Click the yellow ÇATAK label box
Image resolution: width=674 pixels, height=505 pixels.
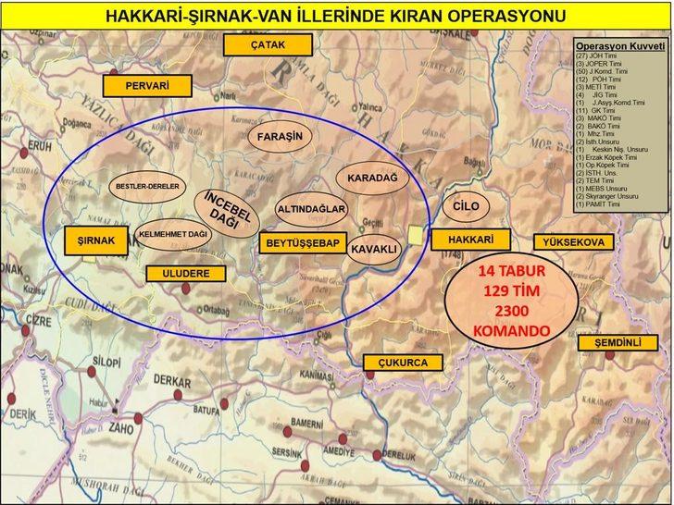[x=268, y=45]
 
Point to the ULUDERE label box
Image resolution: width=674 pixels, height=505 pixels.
[x=185, y=274]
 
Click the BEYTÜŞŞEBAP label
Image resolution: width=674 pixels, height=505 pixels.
[x=303, y=243]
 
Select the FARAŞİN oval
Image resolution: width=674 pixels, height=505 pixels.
[x=281, y=137]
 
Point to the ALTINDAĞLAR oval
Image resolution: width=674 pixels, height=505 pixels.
[x=311, y=210]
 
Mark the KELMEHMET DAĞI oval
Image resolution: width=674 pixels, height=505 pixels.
[x=172, y=235]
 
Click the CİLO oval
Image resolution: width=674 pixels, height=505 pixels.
[x=460, y=205]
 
